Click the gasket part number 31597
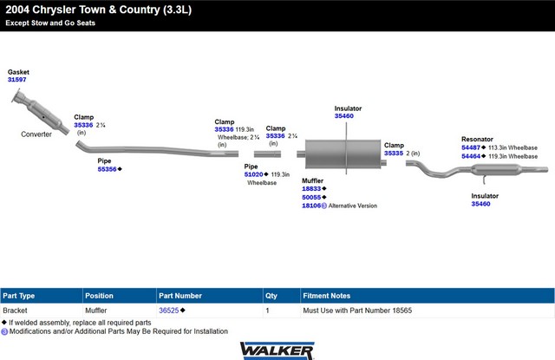[x=17, y=80]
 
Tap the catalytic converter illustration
[x=40, y=112]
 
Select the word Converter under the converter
[x=36, y=134]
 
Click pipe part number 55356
[x=107, y=169]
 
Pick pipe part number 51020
[x=253, y=174]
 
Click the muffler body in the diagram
[x=343, y=154]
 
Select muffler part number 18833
[x=311, y=188]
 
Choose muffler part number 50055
[x=311, y=197]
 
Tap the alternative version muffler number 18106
[x=311, y=206]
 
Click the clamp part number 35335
[x=394, y=154]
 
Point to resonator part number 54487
[x=471, y=147]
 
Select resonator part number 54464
[x=471, y=156]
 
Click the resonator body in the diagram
[x=497, y=169]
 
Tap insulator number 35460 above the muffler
[x=344, y=115]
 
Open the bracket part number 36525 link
[x=169, y=311]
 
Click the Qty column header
[x=271, y=296]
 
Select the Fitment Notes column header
[x=327, y=296]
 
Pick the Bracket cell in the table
[x=15, y=311]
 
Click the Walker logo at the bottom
[x=277, y=350]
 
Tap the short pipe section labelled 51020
[x=267, y=154]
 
